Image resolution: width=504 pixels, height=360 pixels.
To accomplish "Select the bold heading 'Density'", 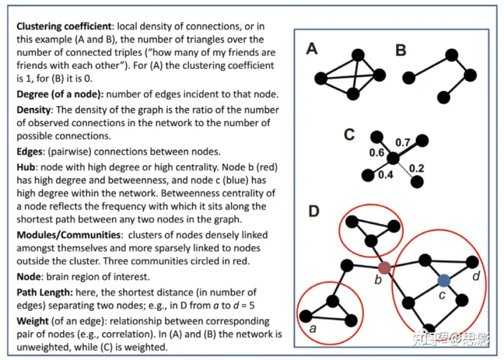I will (34, 111).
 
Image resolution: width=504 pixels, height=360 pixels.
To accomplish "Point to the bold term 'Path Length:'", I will (45, 292).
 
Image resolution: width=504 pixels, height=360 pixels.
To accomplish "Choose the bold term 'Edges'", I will (31, 151).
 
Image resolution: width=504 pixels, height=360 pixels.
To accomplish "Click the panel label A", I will (313, 48).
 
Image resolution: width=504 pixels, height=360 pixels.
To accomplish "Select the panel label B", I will (400, 50).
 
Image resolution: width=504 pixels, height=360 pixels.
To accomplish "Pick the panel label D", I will (314, 210).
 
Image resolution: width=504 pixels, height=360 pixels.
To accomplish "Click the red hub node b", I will (384, 267).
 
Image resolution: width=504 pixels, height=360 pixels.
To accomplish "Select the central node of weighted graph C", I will (393, 159).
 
